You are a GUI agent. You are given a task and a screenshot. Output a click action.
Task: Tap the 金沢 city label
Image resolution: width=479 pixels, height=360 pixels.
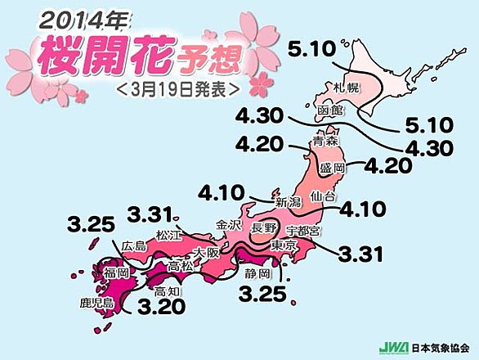(x=228, y=223)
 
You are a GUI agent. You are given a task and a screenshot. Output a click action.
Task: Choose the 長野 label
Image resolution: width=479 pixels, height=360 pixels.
(x=265, y=227)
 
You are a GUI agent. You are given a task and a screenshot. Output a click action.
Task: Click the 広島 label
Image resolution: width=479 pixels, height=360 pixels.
(x=133, y=247)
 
